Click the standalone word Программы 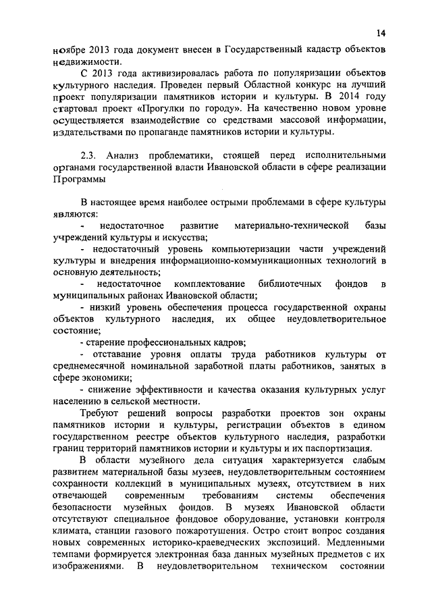coord(78,180)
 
